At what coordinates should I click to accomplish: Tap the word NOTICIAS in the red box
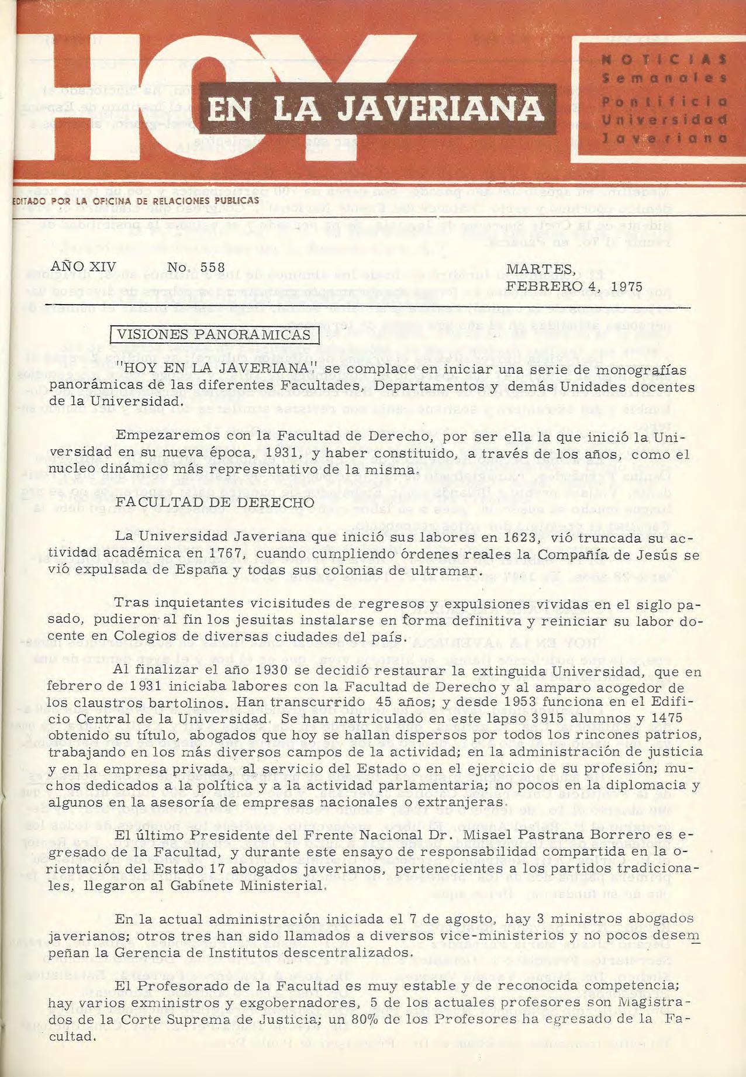665,60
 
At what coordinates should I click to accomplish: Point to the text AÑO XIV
84,266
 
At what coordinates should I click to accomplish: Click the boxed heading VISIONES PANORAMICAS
214,335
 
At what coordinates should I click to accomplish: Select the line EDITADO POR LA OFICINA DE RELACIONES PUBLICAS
136,201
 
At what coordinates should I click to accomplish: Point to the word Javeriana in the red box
665,138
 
